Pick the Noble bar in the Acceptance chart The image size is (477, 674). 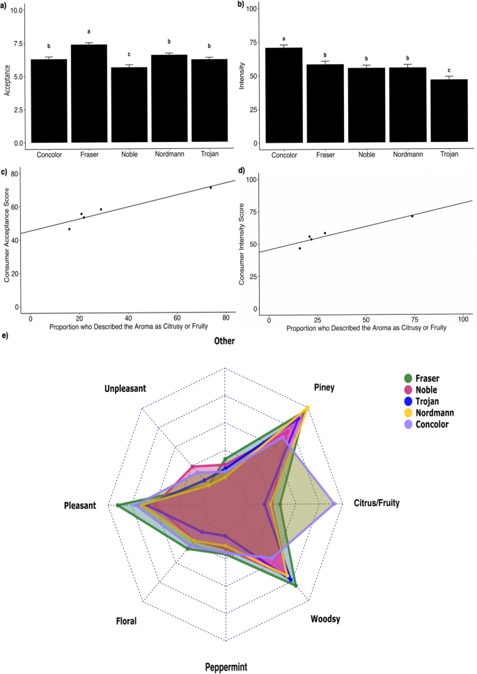[x=129, y=105]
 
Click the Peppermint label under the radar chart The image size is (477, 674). [x=226, y=666]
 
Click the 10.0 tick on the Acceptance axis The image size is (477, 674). [x=16, y=10]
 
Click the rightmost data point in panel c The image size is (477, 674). [x=210, y=187]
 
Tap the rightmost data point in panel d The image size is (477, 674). [x=412, y=216]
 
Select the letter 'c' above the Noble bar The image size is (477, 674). [x=129, y=54]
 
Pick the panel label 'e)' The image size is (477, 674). [x=6, y=336]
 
